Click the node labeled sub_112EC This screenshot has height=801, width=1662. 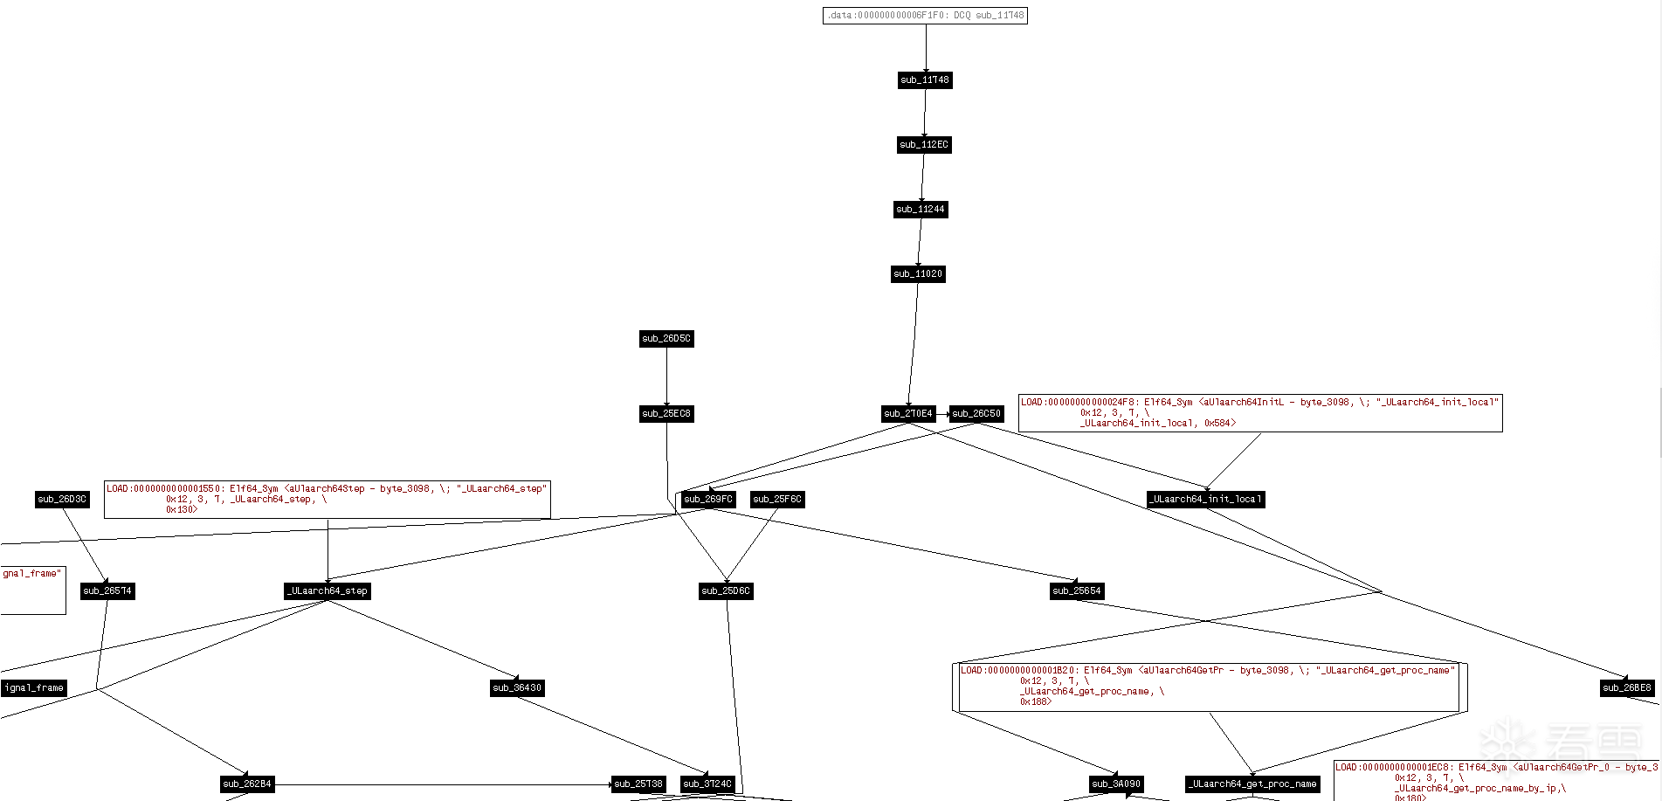pyautogui.click(x=924, y=145)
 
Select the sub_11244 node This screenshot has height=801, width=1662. pyautogui.click(x=921, y=210)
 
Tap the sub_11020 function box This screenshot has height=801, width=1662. pyautogui.click(x=917, y=274)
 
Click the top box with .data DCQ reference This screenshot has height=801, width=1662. pyautogui.click(x=925, y=16)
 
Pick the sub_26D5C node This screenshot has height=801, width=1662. pyautogui.click(x=666, y=339)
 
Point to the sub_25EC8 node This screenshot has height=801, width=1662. pyautogui.click(x=666, y=414)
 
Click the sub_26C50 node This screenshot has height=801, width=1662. pyautogui.click(x=976, y=414)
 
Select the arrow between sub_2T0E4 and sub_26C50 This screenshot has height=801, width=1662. pyautogui.click(x=942, y=414)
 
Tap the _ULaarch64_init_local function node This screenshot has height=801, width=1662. pyautogui.click(x=1205, y=500)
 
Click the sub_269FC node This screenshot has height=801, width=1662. pyautogui.click(x=708, y=500)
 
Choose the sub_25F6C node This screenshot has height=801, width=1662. pyautogui.click(x=777, y=500)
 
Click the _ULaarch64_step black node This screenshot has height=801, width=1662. pyautogui.click(x=328, y=591)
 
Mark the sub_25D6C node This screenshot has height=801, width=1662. pyautogui.click(x=726, y=591)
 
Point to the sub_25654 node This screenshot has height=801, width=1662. pyautogui.click(x=1077, y=591)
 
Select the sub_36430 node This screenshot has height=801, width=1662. pyautogui.click(x=517, y=688)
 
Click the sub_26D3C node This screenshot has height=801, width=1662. pyautogui.click(x=62, y=500)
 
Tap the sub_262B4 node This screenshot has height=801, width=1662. pyautogui.click(x=247, y=784)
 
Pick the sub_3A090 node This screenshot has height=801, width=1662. pyautogui.click(x=1116, y=784)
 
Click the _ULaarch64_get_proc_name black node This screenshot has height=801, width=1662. pyautogui.click(x=1252, y=784)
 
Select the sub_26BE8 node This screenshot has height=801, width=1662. pyautogui.click(x=1627, y=688)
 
